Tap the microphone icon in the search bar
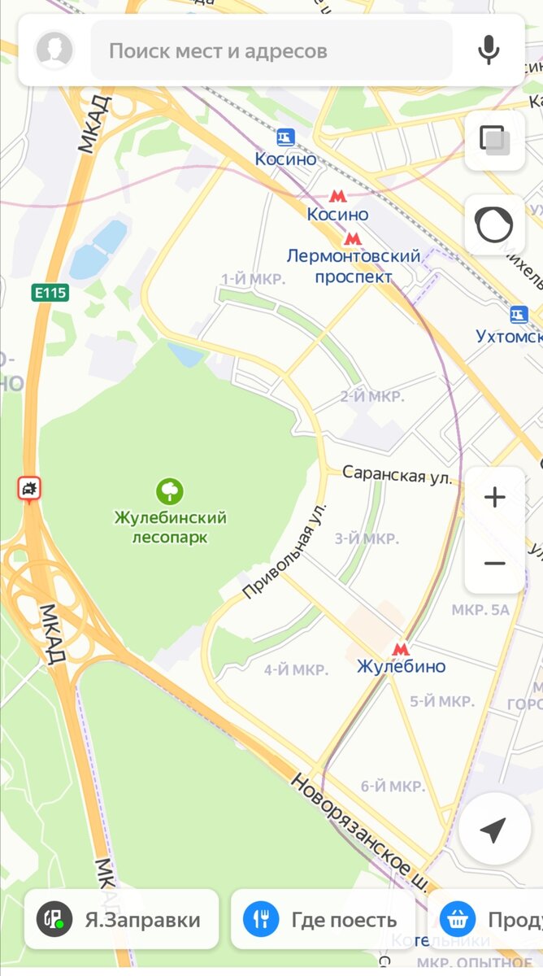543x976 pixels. (489, 50)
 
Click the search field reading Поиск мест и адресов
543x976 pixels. (271, 50)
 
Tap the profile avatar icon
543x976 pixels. (54, 50)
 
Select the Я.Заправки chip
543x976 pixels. (122, 919)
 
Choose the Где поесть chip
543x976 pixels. (323, 919)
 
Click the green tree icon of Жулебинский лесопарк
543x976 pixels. (170, 490)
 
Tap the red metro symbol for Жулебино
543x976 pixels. (400, 649)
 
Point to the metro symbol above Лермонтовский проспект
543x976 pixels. (352, 238)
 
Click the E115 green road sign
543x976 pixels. (50, 292)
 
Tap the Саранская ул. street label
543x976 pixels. (397, 474)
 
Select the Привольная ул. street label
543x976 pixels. (285, 551)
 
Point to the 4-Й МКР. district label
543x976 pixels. (296, 670)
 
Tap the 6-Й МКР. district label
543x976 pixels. (393, 786)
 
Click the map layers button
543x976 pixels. (494, 140)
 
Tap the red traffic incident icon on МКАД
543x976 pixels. (30, 488)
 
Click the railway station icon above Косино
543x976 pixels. (285, 137)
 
